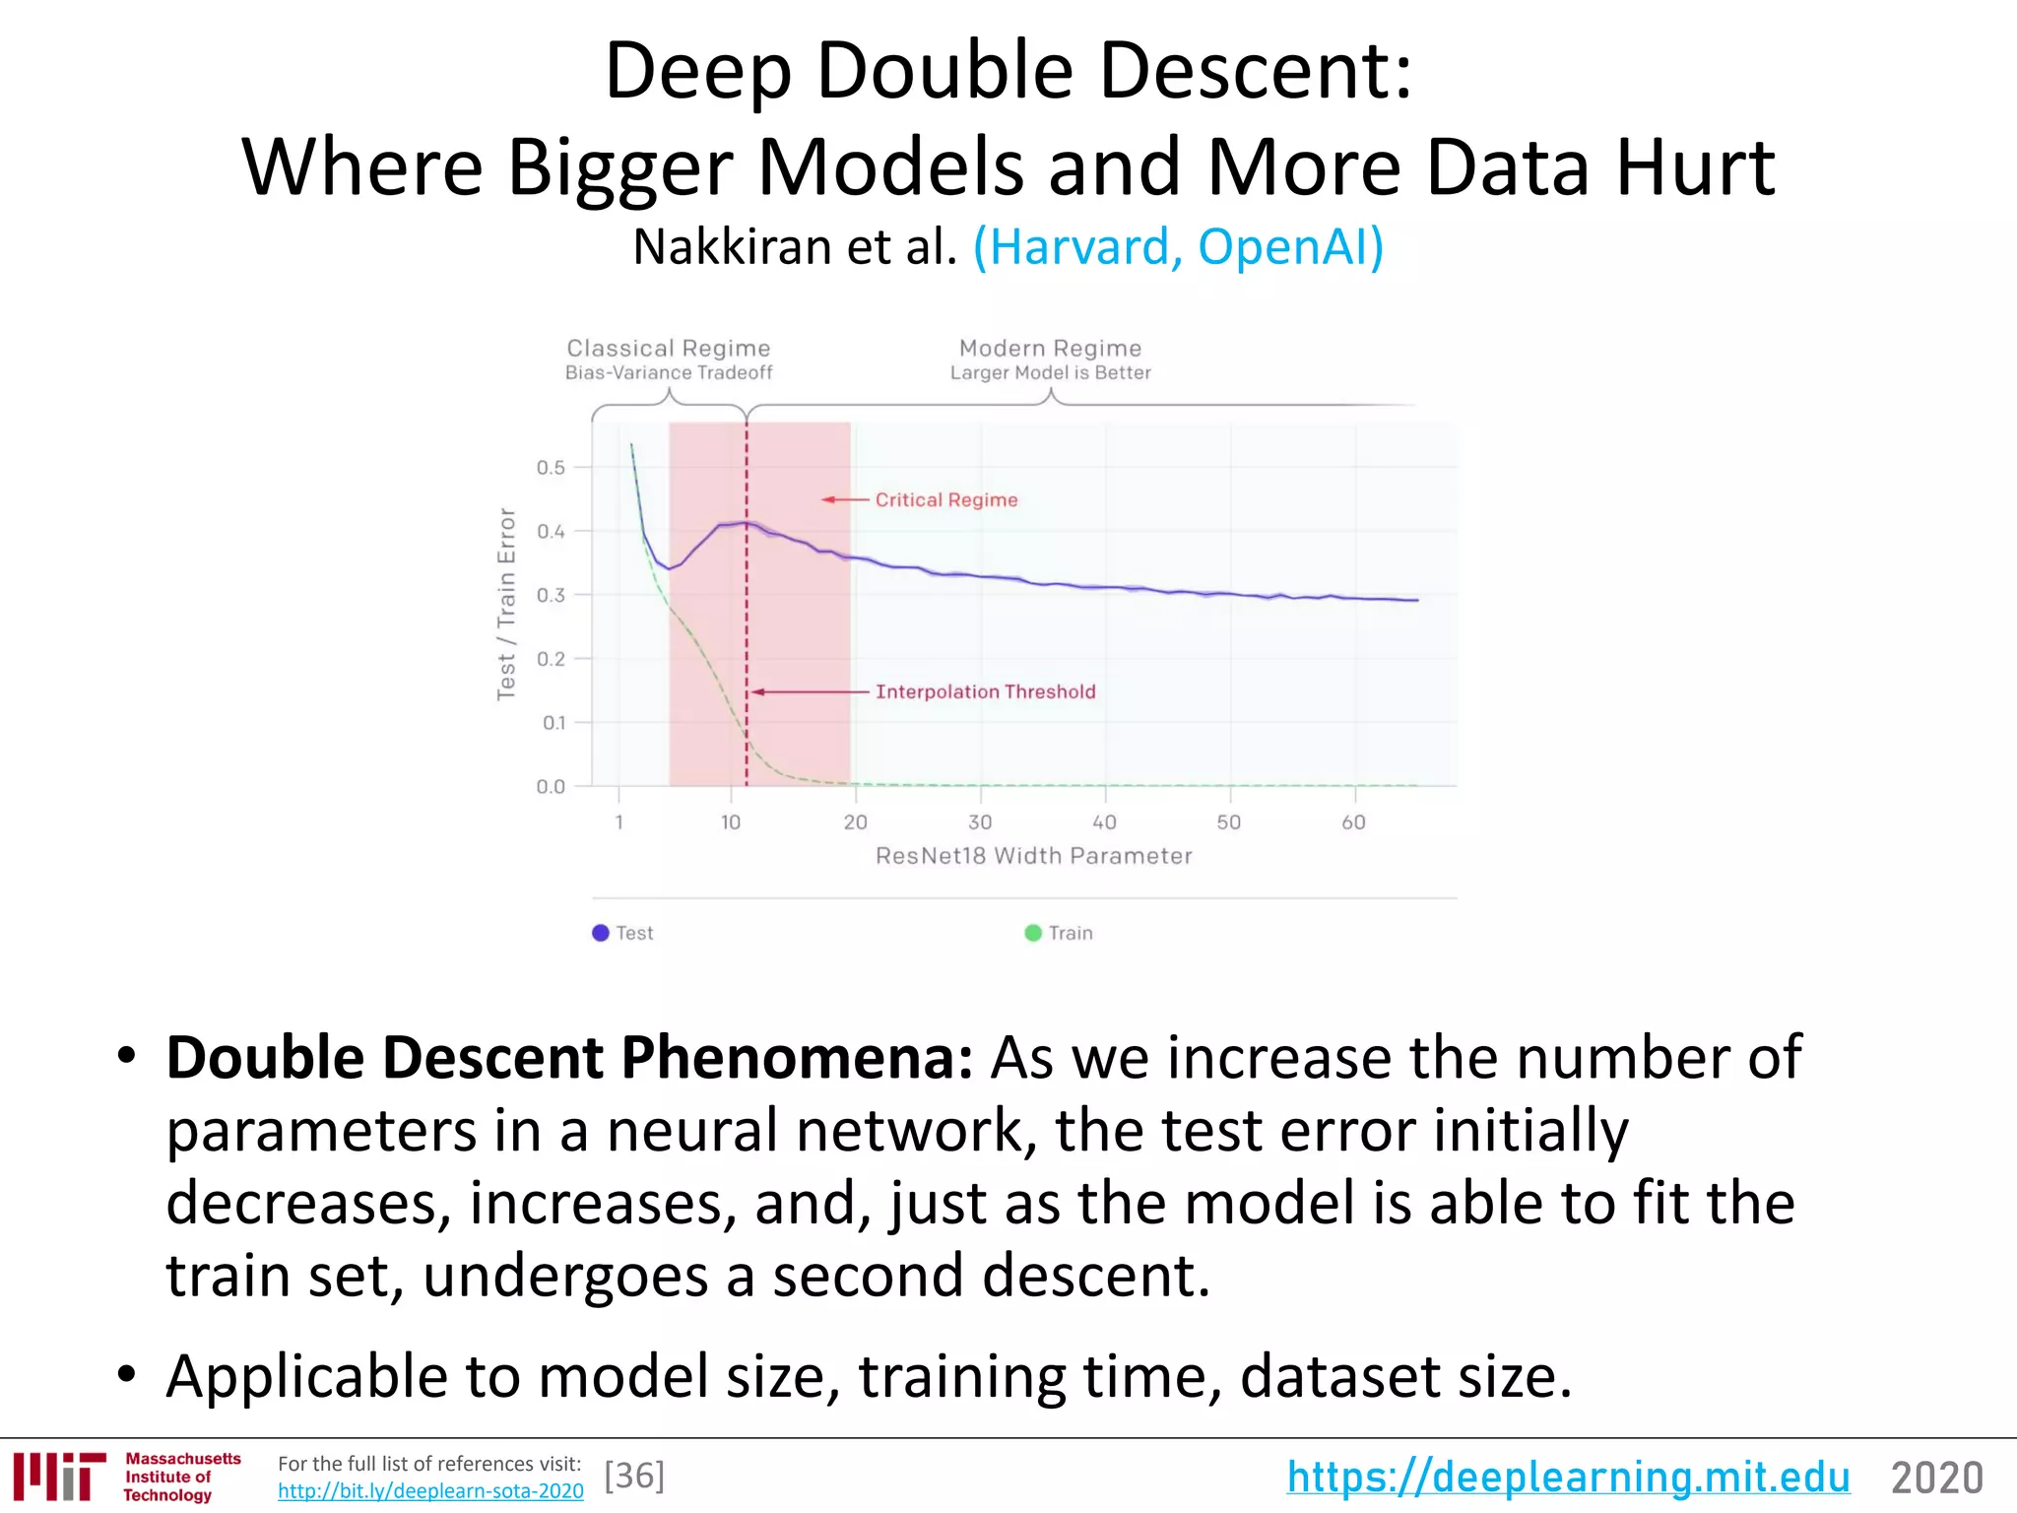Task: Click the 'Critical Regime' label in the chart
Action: pyautogui.click(x=945, y=499)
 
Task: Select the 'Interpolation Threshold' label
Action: pyautogui.click(x=985, y=691)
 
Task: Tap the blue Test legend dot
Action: pyautogui.click(x=601, y=933)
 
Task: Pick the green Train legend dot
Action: pyautogui.click(x=1033, y=933)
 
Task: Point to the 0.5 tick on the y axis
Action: pyautogui.click(x=551, y=467)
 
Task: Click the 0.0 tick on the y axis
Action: pyautogui.click(x=551, y=786)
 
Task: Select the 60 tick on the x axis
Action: pyautogui.click(x=1353, y=822)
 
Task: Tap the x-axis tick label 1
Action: pyautogui.click(x=618, y=822)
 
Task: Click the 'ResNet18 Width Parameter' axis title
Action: pyautogui.click(x=1033, y=856)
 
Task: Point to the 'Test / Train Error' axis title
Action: pyautogui.click(x=506, y=604)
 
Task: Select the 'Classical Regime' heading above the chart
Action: pyautogui.click(x=669, y=349)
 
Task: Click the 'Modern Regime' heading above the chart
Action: pyautogui.click(x=1050, y=349)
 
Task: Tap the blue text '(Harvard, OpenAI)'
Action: pyautogui.click(x=1178, y=246)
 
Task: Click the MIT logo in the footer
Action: pyautogui.click(x=59, y=1476)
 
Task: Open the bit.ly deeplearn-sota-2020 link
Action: pyautogui.click(x=430, y=1491)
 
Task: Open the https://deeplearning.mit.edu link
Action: pyautogui.click(x=1568, y=1477)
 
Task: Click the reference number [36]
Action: pyautogui.click(x=634, y=1476)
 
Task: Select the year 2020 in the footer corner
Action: pyautogui.click(x=1936, y=1478)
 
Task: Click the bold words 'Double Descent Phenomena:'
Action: pyautogui.click(x=569, y=1058)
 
